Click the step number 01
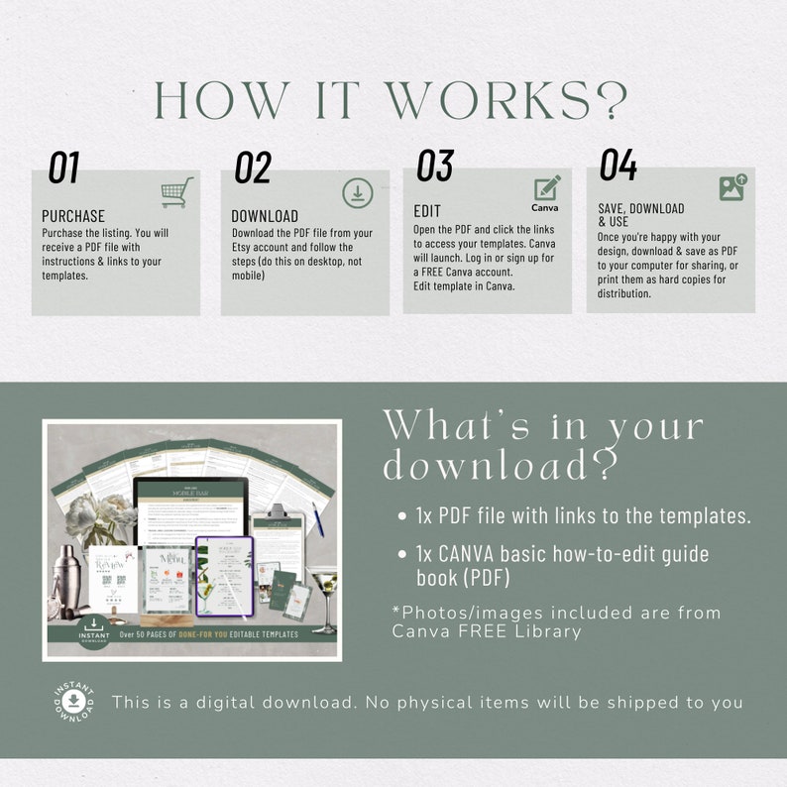click(x=63, y=168)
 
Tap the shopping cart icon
click(x=176, y=192)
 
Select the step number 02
click(x=253, y=168)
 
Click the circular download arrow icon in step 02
click(x=358, y=193)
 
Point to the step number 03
click(x=434, y=166)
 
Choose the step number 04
click(x=618, y=166)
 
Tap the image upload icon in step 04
click(x=732, y=187)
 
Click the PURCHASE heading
click(x=73, y=216)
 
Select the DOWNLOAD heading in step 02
click(x=265, y=216)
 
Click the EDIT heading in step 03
click(x=427, y=211)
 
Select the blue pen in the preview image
click(x=318, y=518)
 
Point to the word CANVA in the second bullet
click(x=465, y=554)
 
